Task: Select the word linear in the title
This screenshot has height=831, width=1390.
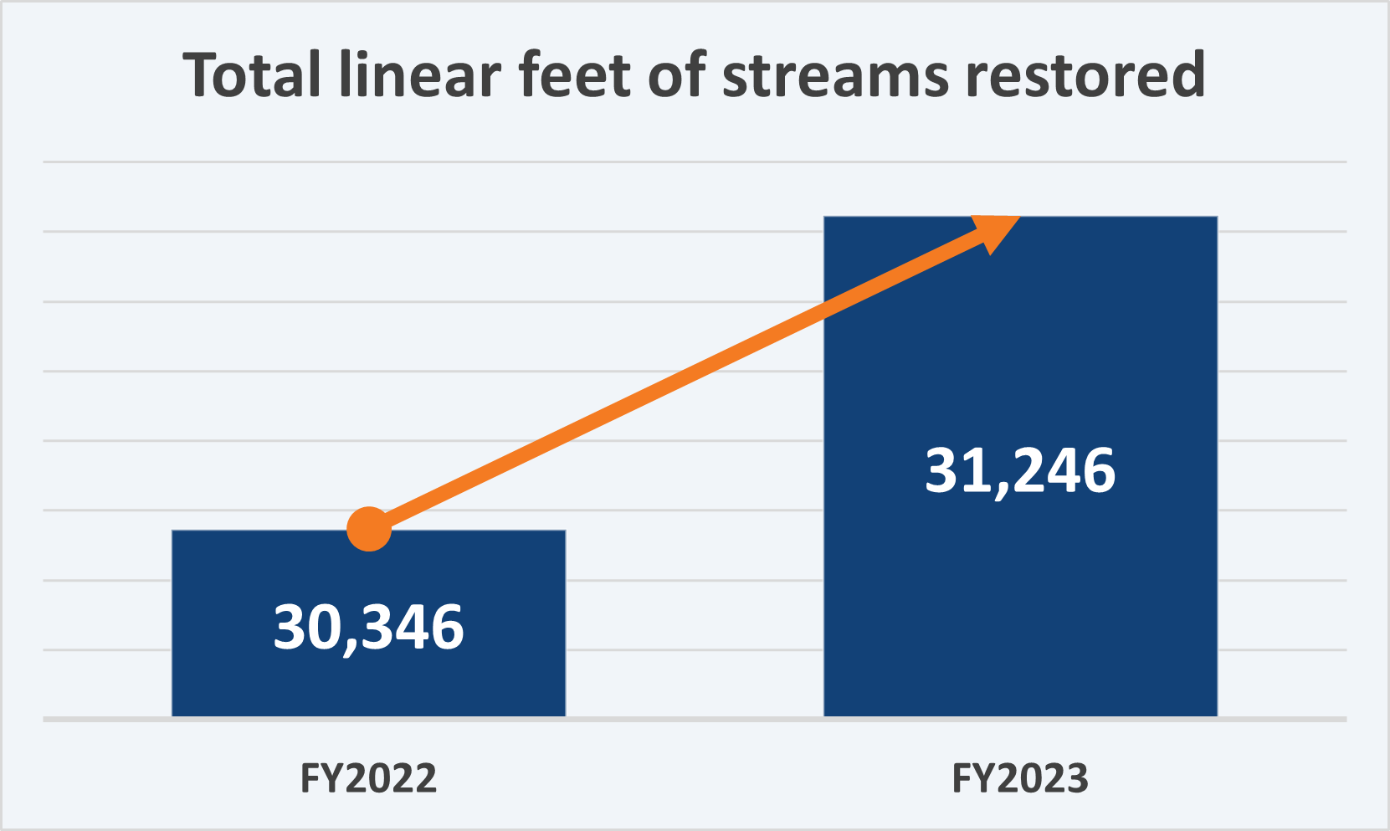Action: (x=420, y=75)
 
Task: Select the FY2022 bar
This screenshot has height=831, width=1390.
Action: (x=368, y=678)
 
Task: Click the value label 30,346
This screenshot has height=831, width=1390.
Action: (x=368, y=628)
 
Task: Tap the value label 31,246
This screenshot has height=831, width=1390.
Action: (x=1020, y=470)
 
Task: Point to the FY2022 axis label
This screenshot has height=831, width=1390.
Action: (x=368, y=778)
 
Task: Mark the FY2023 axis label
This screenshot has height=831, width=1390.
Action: (x=1020, y=778)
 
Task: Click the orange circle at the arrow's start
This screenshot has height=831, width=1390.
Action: (x=369, y=530)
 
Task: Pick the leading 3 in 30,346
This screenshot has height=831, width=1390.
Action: (x=290, y=628)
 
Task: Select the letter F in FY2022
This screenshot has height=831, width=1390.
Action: (x=309, y=778)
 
